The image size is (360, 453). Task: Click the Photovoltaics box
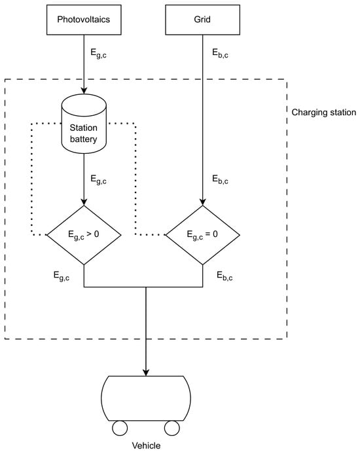click(x=84, y=20)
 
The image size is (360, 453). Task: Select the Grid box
click(x=202, y=20)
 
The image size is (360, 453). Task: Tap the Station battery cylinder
click(x=84, y=124)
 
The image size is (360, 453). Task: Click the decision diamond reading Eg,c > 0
click(x=84, y=235)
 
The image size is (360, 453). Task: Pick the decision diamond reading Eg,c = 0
click(x=202, y=235)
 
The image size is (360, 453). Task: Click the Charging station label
click(x=323, y=113)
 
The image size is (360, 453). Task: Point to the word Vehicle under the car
click(x=146, y=446)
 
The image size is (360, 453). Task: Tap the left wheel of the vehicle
click(x=120, y=428)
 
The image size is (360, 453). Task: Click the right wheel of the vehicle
click(x=172, y=428)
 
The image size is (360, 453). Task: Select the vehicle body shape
click(x=146, y=399)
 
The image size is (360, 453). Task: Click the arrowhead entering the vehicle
click(x=146, y=372)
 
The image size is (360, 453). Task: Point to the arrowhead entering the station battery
click(x=84, y=90)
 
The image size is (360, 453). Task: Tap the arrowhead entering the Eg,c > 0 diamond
click(x=84, y=202)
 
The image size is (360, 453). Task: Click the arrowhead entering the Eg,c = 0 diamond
click(x=202, y=202)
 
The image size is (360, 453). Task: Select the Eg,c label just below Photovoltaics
click(x=99, y=54)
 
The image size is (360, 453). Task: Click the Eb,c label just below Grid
click(x=220, y=54)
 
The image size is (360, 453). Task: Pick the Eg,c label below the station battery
click(x=99, y=179)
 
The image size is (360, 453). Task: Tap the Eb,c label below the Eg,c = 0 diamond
click(x=225, y=276)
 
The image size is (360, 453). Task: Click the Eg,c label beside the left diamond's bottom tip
click(x=62, y=276)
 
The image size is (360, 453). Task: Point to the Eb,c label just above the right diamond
click(x=220, y=179)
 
